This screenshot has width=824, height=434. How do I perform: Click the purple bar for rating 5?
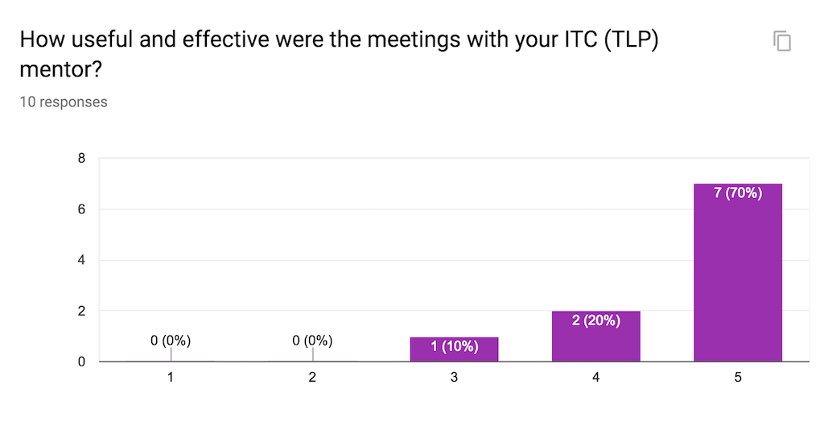738,274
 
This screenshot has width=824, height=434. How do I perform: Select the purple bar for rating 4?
596,338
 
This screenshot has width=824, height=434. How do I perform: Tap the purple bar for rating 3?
454,349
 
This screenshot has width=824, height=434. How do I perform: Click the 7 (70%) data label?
738,193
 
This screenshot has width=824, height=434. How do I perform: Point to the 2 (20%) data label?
596,320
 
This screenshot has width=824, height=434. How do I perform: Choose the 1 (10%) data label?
454,347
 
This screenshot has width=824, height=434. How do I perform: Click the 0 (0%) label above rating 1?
171,341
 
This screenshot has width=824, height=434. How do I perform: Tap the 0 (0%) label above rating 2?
312,341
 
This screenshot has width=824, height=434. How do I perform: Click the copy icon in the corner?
782,41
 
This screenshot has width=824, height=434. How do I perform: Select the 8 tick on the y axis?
81,159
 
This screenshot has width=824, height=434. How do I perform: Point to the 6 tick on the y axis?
81,209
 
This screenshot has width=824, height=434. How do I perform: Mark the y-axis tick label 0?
81,362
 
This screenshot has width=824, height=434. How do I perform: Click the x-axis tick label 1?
171,378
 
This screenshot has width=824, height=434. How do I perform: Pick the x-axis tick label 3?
454,378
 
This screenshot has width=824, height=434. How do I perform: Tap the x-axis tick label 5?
738,378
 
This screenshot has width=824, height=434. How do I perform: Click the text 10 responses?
64,102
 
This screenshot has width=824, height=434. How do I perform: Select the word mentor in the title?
58,69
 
